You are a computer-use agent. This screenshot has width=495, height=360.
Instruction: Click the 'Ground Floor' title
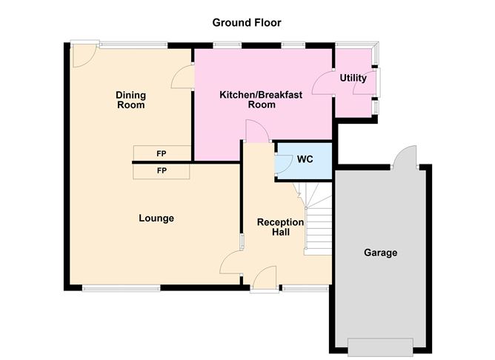click(x=247, y=23)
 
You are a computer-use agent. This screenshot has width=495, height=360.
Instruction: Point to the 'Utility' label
click(x=353, y=78)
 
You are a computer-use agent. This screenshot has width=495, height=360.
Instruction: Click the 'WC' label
click(x=305, y=159)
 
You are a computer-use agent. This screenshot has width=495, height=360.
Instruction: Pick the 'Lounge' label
click(x=156, y=218)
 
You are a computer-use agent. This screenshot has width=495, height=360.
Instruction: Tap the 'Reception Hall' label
click(x=279, y=227)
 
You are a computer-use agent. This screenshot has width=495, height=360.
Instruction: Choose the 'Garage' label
click(x=380, y=253)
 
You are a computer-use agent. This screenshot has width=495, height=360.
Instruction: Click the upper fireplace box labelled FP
click(x=162, y=153)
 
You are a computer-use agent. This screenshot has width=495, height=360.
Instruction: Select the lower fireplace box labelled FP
click(x=162, y=170)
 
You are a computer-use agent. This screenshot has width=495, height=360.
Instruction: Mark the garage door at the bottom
click(x=379, y=346)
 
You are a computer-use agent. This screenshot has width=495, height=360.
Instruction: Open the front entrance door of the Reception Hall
click(x=265, y=279)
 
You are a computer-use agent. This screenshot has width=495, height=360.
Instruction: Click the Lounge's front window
click(x=121, y=287)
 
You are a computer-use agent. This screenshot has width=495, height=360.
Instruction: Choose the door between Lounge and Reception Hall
click(x=232, y=263)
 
